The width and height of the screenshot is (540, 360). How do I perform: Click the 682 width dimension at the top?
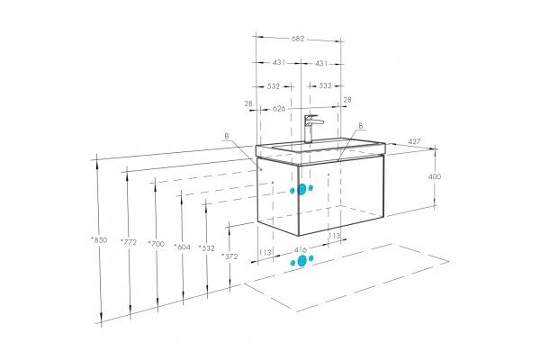(x=298, y=39)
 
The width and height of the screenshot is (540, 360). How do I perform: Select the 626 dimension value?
(x=279, y=109)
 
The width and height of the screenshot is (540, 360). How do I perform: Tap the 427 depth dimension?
(x=414, y=141)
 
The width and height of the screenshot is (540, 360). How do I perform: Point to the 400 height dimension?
(x=435, y=176)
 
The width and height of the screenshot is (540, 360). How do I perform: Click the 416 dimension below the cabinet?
(x=301, y=249)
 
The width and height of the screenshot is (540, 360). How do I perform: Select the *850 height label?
(x=99, y=240)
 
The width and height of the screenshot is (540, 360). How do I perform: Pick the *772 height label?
(x=129, y=242)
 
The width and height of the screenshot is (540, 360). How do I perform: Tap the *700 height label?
(x=156, y=244)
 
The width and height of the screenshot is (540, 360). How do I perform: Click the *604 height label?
(x=182, y=247)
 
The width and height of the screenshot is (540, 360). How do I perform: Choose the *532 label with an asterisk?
(x=207, y=248)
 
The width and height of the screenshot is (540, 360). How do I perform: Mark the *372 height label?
(x=229, y=256)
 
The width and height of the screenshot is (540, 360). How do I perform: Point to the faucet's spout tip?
(x=322, y=122)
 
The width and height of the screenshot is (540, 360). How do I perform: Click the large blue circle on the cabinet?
(x=301, y=189)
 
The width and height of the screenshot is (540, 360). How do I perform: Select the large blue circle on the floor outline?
(x=301, y=261)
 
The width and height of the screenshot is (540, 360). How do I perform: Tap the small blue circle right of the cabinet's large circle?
(x=310, y=188)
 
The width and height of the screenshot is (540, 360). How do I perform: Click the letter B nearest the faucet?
(x=361, y=126)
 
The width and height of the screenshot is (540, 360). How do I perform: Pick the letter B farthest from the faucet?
(x=227, y=137)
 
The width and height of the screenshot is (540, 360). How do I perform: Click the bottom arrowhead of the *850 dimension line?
(x=101, y=318)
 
